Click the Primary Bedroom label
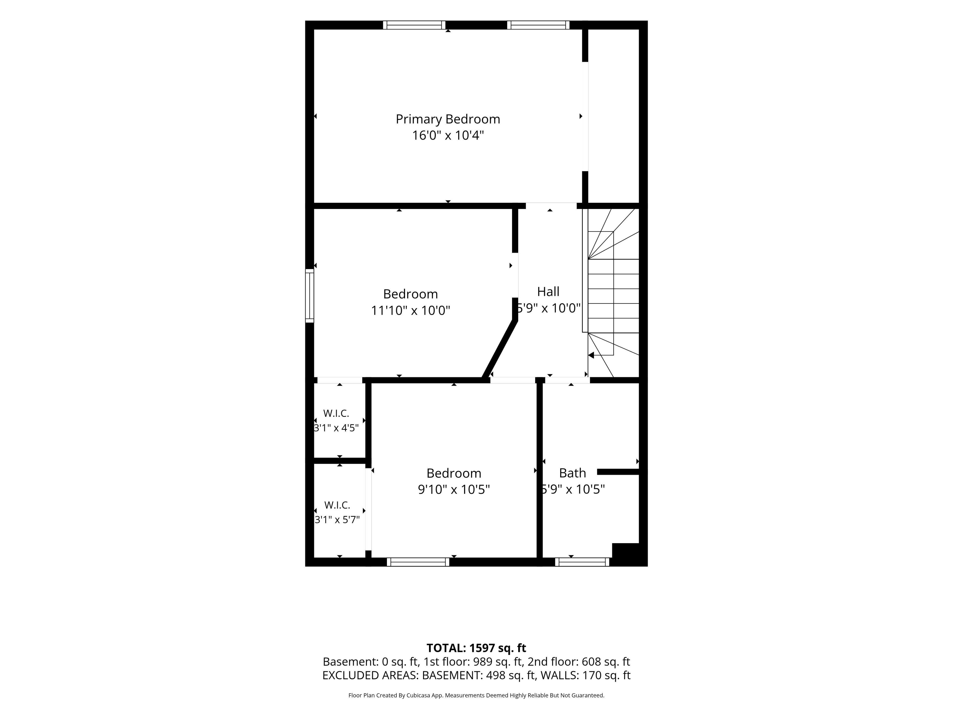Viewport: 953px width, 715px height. point(448,119)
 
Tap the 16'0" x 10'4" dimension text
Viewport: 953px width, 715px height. point(448,135)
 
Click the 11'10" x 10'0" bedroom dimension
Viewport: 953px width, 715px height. point(410,310)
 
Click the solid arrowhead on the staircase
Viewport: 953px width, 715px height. point(591,355)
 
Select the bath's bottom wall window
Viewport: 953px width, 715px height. point(582,562)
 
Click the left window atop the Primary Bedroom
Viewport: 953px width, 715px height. point(414,25)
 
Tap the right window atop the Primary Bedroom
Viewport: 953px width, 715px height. point(538,25)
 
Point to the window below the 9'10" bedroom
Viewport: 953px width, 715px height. point(418,562)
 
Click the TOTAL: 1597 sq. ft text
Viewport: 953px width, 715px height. point(476,648)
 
